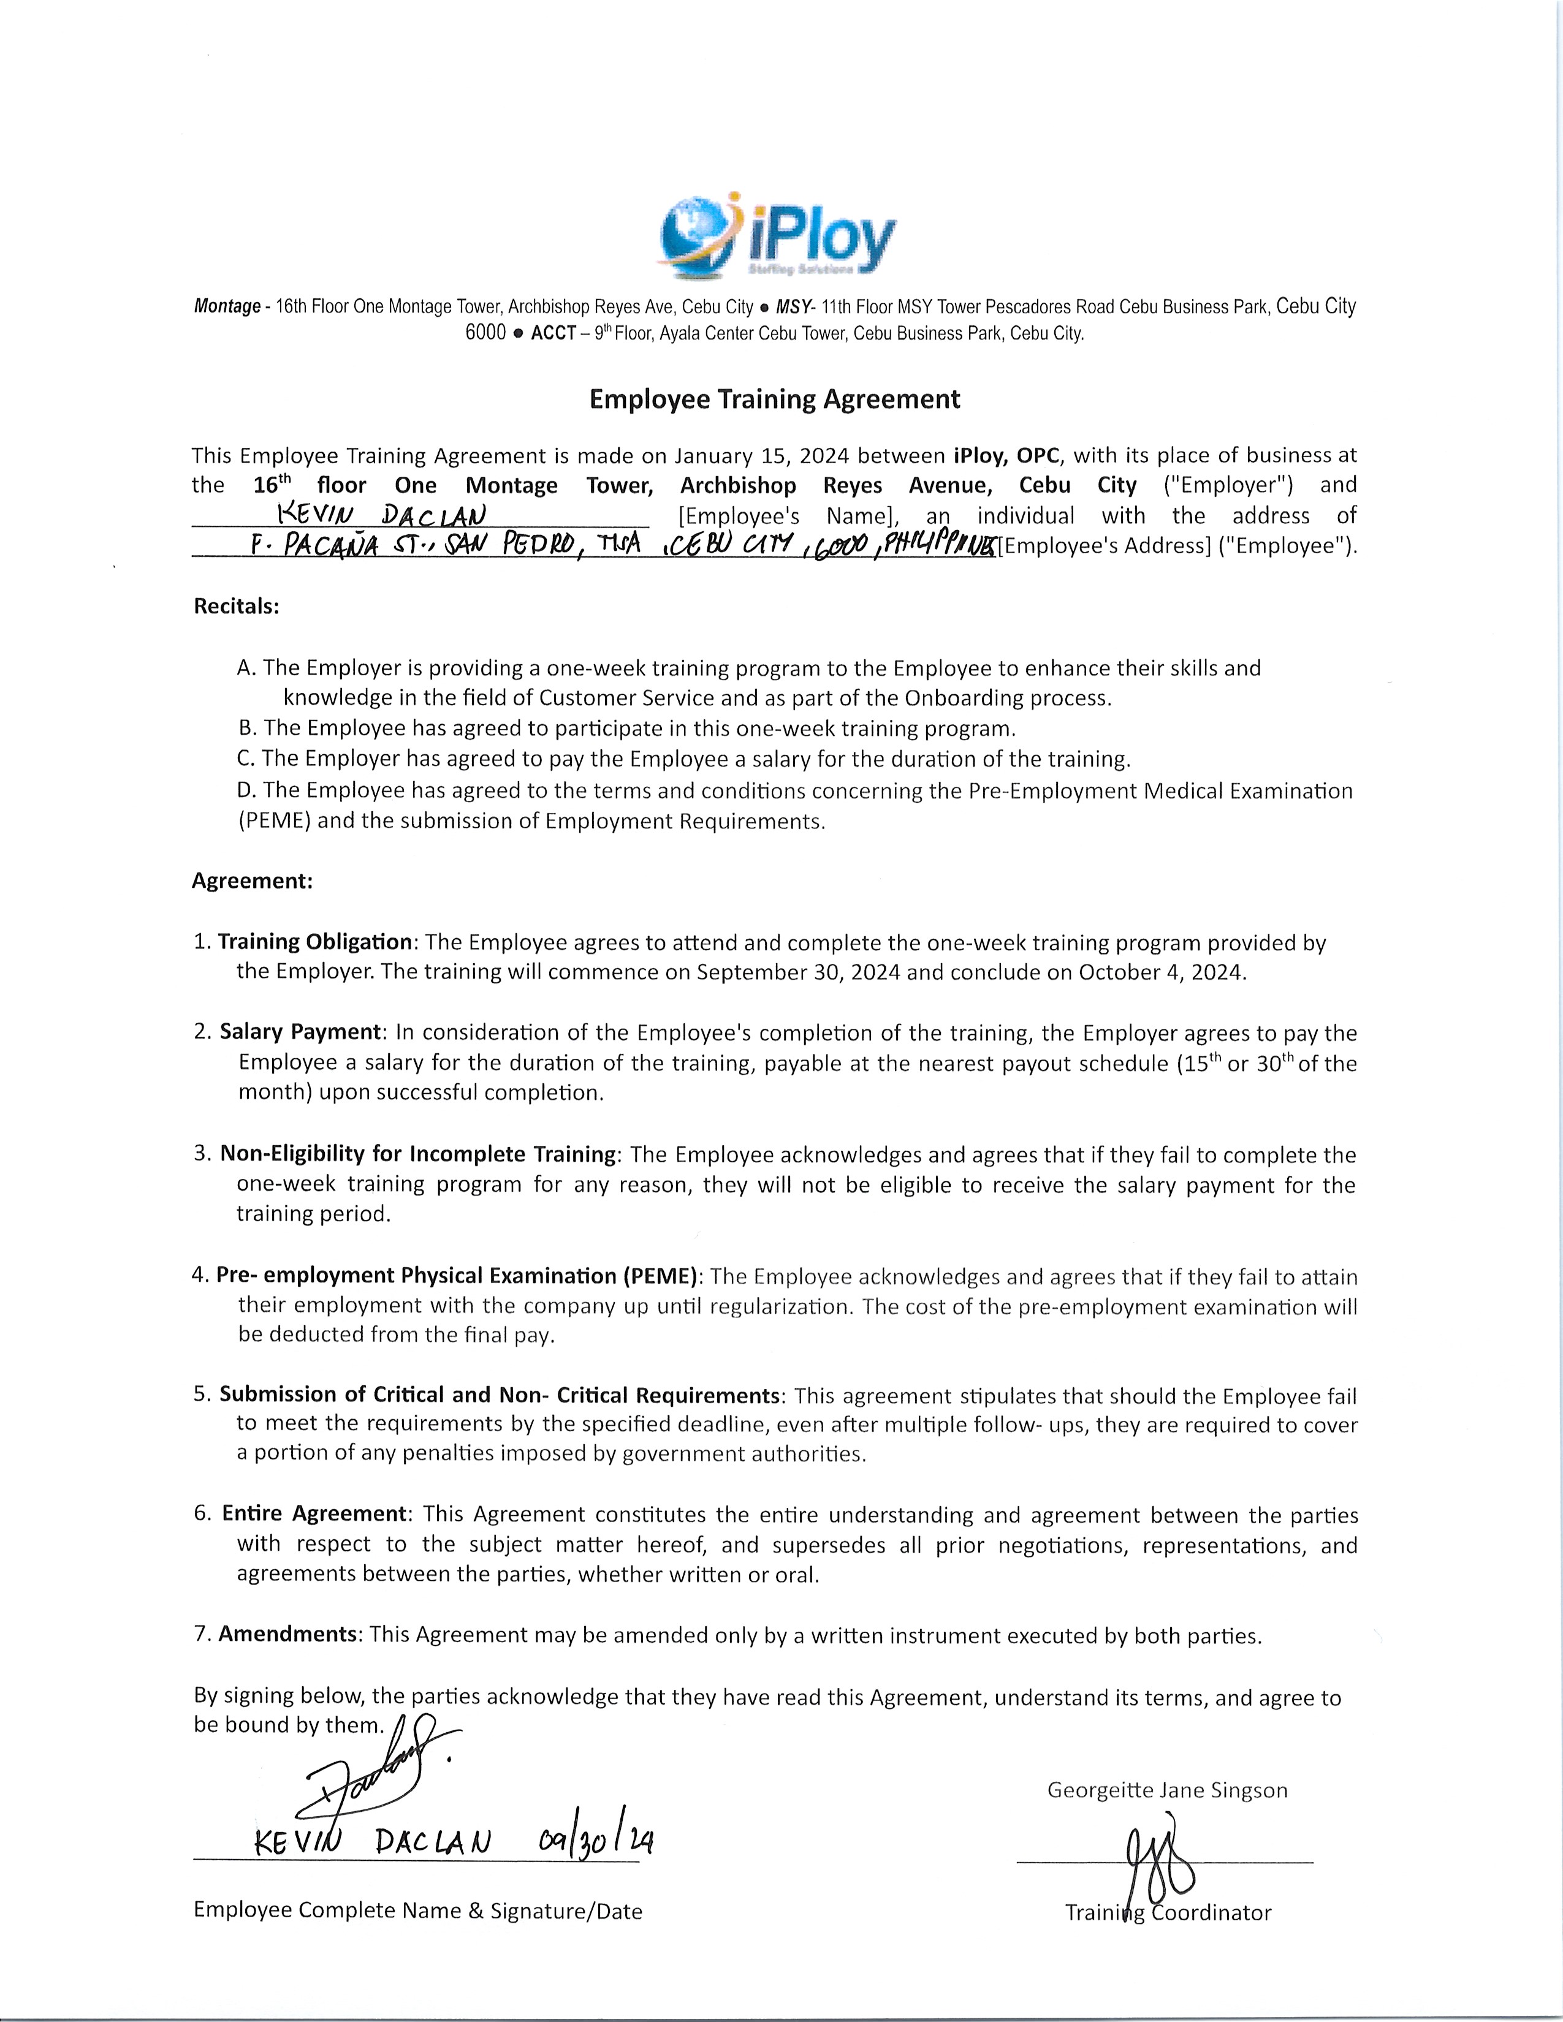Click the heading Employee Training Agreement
tap(775, 399)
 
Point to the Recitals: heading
tap(236, 607)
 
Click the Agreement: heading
tap(252, 880)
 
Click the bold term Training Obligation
tap(315, 942)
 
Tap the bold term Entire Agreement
tap(314, 1513)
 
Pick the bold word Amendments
tap(288, 1634)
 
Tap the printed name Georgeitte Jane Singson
tap(1166, 1790)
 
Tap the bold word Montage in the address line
tap(227, 306)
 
